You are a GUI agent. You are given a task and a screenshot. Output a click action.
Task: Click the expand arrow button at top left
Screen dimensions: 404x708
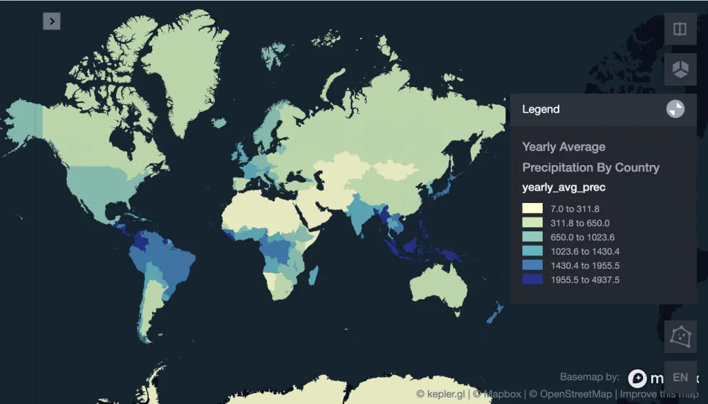52,21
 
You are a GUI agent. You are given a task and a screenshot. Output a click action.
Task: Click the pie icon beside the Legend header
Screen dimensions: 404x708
676,109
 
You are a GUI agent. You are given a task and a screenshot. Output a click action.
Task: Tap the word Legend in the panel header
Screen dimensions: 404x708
541,109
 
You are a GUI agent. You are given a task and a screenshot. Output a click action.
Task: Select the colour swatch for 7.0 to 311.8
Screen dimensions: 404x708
532,209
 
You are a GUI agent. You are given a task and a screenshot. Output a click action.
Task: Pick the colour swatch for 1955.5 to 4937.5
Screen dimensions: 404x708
532,280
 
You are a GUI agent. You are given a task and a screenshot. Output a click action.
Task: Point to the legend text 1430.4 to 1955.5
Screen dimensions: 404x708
585,265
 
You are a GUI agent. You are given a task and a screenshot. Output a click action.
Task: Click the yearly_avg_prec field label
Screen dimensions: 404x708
563,188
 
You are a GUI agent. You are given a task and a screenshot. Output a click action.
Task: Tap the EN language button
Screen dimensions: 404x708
680,377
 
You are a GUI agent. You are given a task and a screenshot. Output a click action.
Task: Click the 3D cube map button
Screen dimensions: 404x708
680,69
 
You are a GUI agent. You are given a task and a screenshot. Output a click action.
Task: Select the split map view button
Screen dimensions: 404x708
680,29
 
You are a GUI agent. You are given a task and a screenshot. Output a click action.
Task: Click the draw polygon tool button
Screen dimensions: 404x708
680,336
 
